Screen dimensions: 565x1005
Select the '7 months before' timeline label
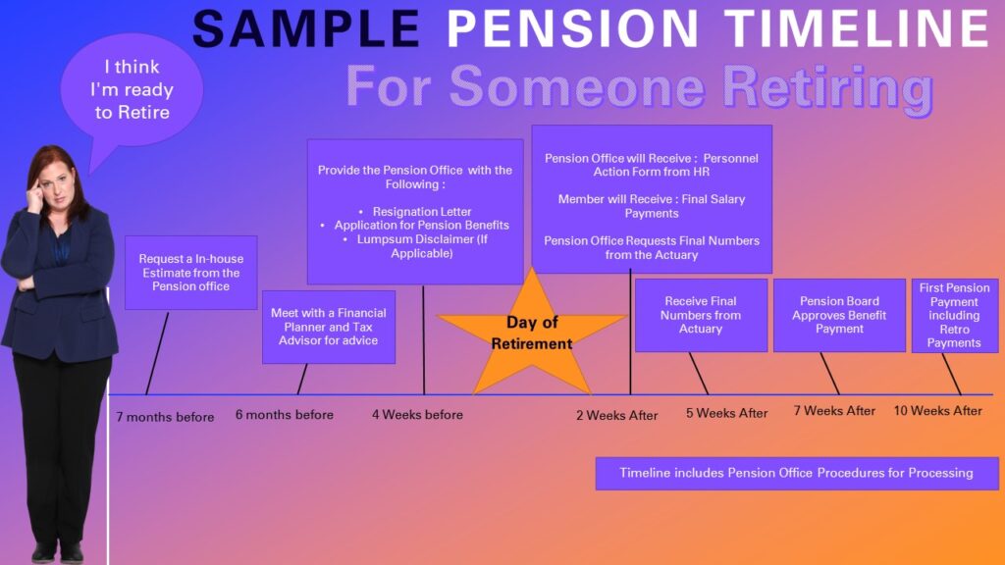pyautogui.click(x=165, y=417)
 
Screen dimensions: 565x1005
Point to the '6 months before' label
pyautogui.click(x=285, y=415)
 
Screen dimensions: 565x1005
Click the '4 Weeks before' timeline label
pyautogui.click(x=417, y=415)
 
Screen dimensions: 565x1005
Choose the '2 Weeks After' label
pyautogui.click(x=617, y=416)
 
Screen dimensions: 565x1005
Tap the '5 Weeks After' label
pyautogui.click(x=727, y=413)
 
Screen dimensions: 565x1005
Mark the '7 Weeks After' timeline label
pyautogui.click(x=834, y=411)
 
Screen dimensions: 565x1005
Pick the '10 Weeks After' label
pyautogui.click(x=937, y=411)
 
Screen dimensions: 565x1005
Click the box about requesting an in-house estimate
pyautogui.click(x=190, y=273)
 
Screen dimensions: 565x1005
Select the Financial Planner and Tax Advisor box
pyautogui.click(x=329, y=327)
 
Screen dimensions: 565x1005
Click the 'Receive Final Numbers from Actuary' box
pyautogui.click(x=701, y=315)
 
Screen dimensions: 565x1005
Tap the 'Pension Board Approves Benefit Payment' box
pyautogui.click(x=839, y=315)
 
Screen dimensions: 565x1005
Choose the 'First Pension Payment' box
pyautogui.click(x=954, y=315)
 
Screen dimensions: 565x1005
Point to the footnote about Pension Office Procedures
pyautogui.click(x=796, y=473)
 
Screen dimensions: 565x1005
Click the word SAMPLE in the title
pyautogui.click(x=306, y=30)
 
